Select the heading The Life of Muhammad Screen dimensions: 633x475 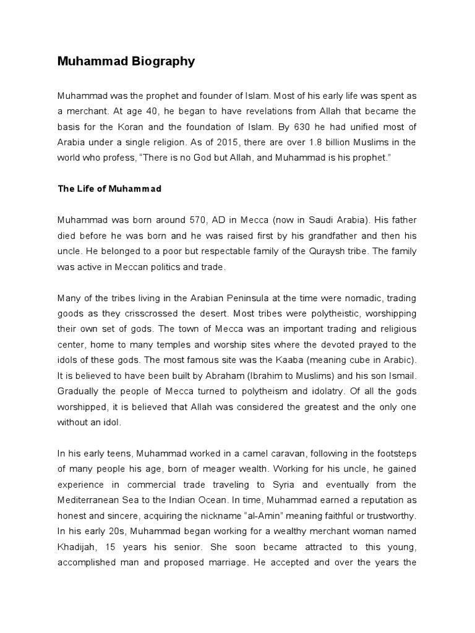coord(109,189)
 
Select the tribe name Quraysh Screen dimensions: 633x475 coord(339,250)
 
